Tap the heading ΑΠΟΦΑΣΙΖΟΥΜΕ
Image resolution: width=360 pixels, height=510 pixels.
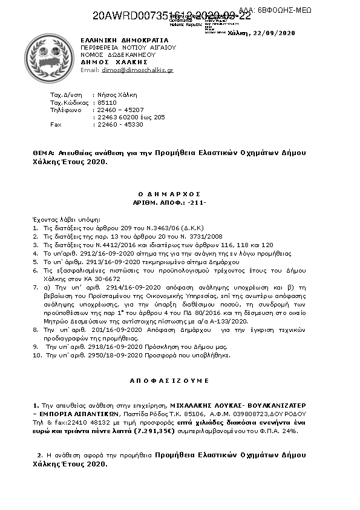[170, 381]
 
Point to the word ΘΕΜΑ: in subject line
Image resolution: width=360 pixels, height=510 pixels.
[44, 153]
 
